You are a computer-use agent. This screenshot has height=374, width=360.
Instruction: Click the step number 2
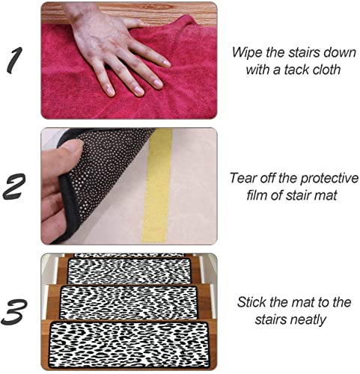tap(17, 187)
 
